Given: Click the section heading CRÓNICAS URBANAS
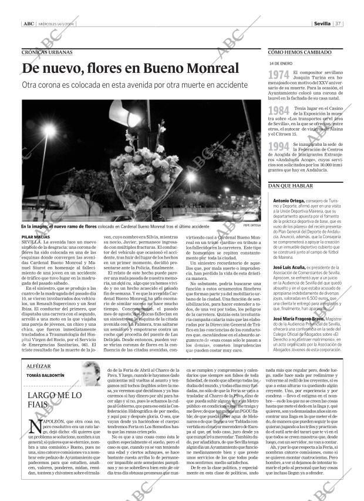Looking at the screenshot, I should click(47, 52).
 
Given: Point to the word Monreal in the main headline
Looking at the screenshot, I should click(209, 69).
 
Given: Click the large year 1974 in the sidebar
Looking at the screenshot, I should click(278, 75).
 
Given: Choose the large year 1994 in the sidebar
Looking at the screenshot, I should click(278, 147).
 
